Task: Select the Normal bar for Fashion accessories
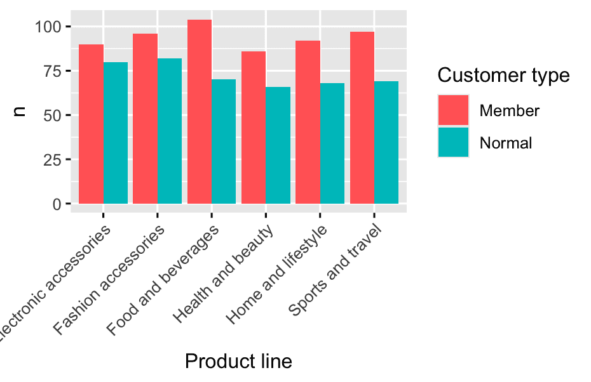[170, 131]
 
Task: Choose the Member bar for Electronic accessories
[92, 124]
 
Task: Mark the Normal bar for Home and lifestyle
[332, 143]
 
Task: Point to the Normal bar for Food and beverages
[224, 142]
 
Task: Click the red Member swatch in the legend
[453, 110]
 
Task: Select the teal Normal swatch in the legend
[453, 142]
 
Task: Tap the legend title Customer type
[503, 76]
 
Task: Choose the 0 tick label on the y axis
[57, 204]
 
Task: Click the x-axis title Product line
[238, 362]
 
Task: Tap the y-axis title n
[20, 112]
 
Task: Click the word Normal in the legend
[506, 143]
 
